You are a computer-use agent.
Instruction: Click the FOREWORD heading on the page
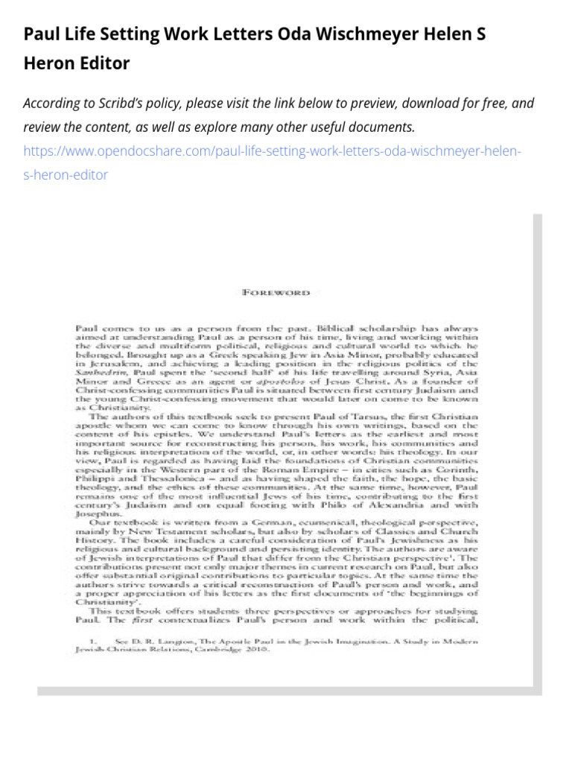click(276, 293)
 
